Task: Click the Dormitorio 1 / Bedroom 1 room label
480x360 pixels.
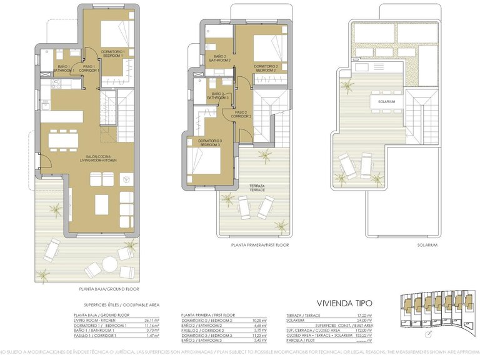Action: (113, 53)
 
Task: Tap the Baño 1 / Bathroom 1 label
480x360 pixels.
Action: (64, 68)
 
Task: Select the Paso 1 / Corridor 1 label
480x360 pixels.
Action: (89, 68)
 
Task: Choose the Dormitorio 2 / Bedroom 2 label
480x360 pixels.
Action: (266, 67)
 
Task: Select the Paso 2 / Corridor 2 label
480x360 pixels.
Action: (242, 114)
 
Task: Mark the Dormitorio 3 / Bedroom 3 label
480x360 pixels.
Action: (209, 142)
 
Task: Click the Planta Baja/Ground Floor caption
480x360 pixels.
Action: (109, 289)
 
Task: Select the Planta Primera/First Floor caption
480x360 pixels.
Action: (259, 245)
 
